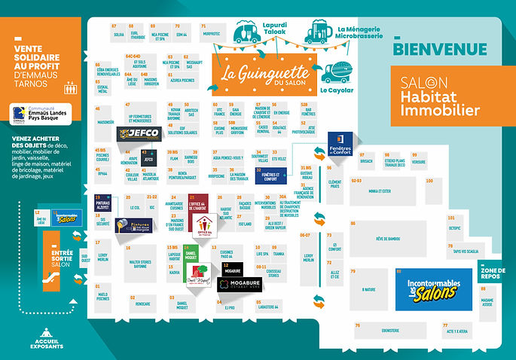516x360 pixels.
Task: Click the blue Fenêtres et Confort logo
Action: (340, 142)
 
